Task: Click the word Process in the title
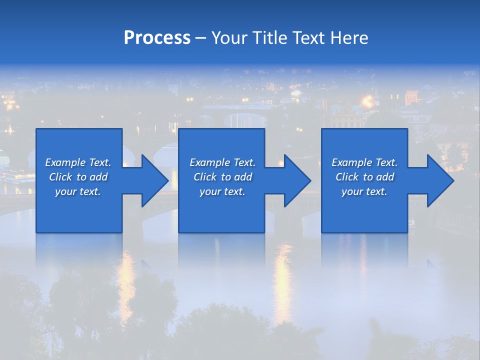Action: [157, 38]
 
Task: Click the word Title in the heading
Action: [269, 38]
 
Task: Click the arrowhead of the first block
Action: [155, 180]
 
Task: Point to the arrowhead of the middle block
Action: [298, 180]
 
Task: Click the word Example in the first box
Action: [65, 162]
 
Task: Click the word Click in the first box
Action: [60, 177]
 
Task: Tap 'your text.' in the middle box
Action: [222, 191]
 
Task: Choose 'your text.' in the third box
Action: [364, 191]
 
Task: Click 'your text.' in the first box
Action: [77, 191]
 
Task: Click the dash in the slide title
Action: [201, 38]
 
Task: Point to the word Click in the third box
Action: [347, 177]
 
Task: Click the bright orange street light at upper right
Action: [368, 101]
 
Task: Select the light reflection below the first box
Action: [126, 280]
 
